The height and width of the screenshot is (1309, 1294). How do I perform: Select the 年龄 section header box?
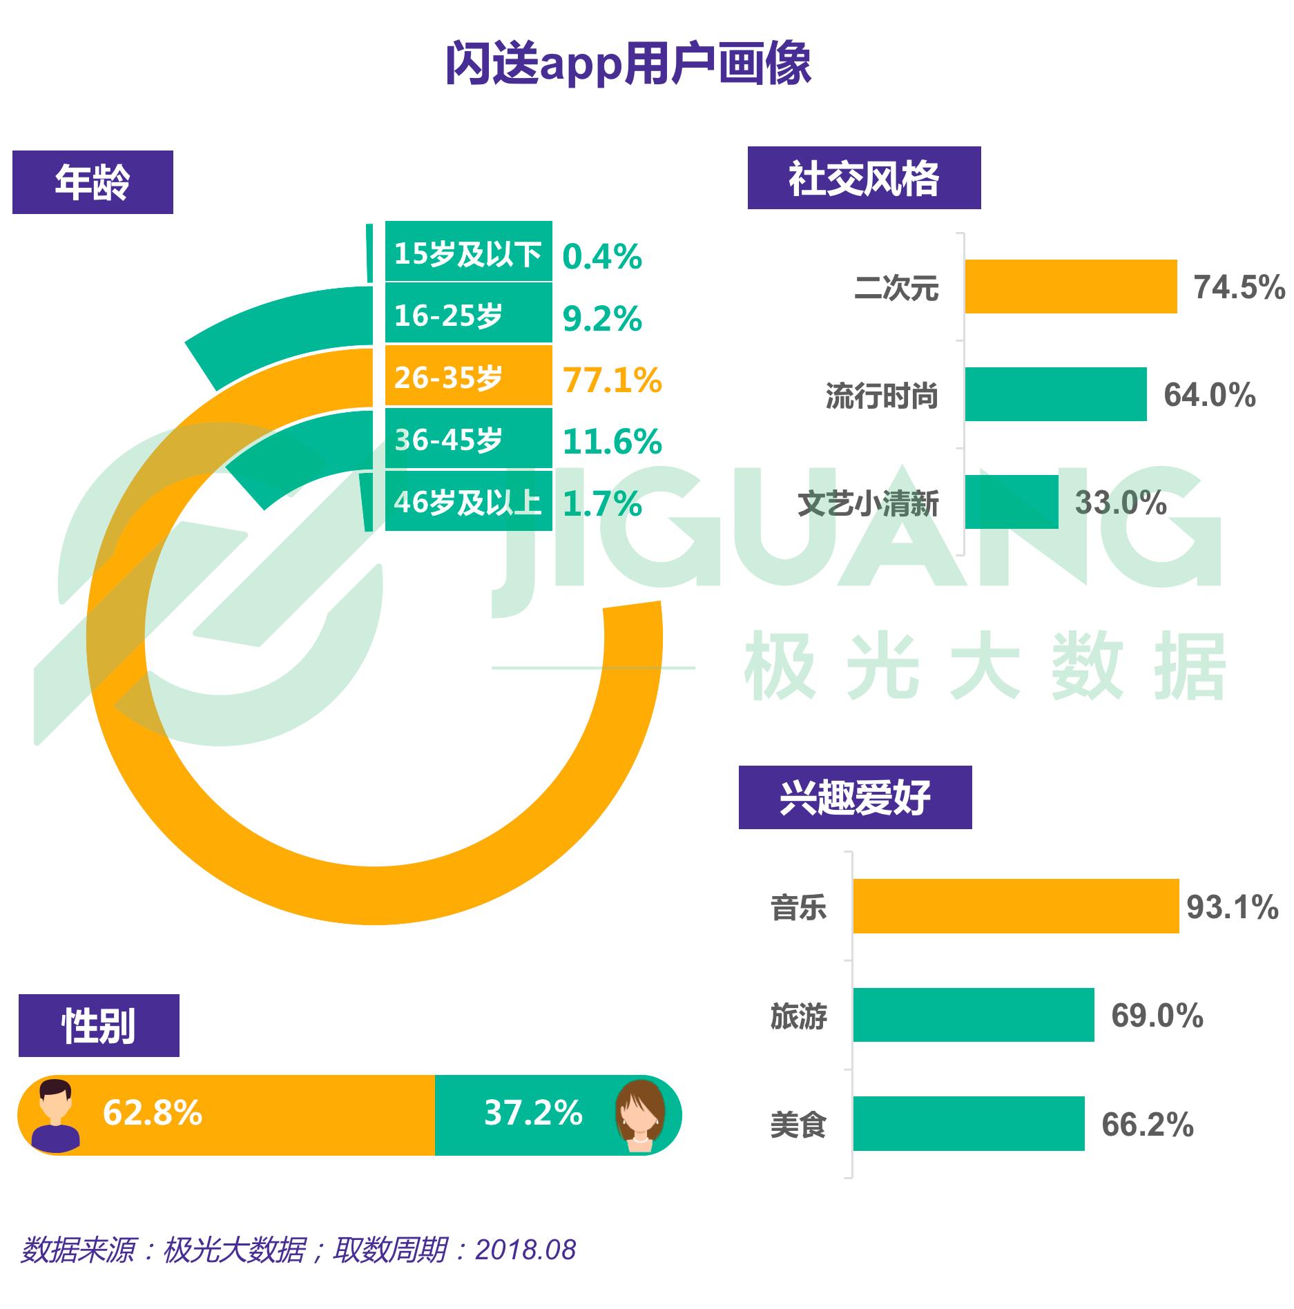pos(93,182)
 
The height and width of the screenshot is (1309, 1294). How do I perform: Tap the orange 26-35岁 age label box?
pos(468,377)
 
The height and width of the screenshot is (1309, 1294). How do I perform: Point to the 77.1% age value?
pos(612,380)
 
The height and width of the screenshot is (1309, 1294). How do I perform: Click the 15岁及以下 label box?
pos(468,253)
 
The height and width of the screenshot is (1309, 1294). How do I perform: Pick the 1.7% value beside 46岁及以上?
pos(602,503)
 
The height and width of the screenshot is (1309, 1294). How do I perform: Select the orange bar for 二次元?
pos(1070,287)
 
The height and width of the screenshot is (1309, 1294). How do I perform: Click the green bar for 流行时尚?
pos(1055,394)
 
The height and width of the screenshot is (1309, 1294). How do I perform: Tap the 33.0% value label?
pos(1120,503)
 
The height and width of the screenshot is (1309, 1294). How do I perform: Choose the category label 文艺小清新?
pos(868,504)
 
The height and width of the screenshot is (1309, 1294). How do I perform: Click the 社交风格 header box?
pos(864,178)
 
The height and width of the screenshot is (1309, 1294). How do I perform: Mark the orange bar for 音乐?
pos(1015,906)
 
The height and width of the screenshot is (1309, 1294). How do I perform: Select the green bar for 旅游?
pos(973,1015)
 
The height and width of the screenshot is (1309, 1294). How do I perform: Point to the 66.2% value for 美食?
pos(1147,1124)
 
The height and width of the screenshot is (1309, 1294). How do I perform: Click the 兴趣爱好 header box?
pos(855,797)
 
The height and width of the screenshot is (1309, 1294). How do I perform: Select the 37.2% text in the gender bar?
pos(533,1113)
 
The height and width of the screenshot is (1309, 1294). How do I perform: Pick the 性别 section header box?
pos(99,1026)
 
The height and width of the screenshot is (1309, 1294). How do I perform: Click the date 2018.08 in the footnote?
pos(525,1250)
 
